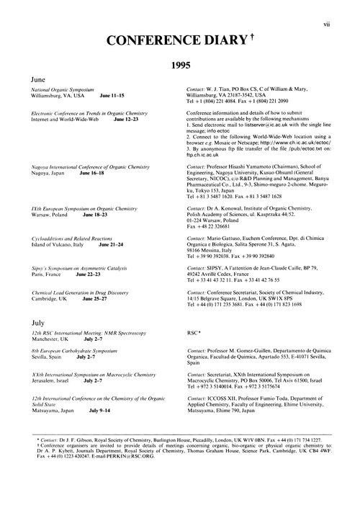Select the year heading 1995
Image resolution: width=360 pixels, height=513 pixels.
180,65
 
